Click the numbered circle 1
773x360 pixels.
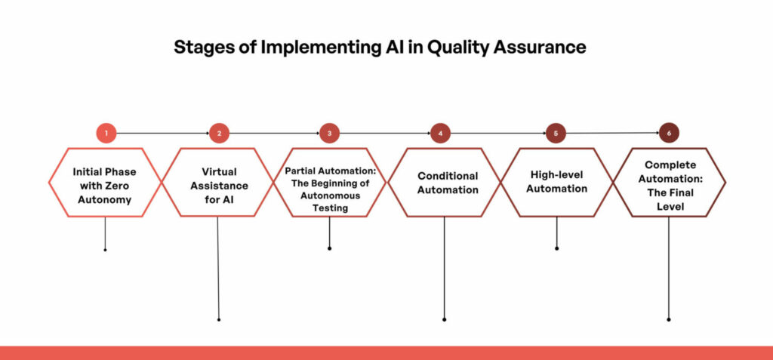[x=106, y=134]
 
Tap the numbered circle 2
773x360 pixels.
[x=218, y=134]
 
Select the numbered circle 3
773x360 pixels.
[x=330, y=134]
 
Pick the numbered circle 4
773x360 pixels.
[x=440, y=134]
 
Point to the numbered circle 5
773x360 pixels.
[x=556, y=134]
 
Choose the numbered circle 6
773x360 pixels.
[x=669, y=133]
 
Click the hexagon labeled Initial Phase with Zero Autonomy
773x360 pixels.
[x=105, y=182]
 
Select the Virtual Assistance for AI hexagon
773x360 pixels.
[x=218, y=182]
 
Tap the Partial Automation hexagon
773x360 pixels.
[x=330, y=182]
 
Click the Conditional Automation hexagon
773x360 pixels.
[x=444, y=182]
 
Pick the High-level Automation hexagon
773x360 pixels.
[x=556, y=182]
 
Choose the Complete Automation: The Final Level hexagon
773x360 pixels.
[x=669, y=182]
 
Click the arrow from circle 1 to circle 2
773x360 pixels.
[x=162, y=134]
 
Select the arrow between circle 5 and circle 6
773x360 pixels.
[x=612, y=134]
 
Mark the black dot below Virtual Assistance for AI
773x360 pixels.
[x=219, y=319]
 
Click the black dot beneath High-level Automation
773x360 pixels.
[x=556, y=248]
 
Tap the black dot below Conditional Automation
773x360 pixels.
[x=444, y=319]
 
